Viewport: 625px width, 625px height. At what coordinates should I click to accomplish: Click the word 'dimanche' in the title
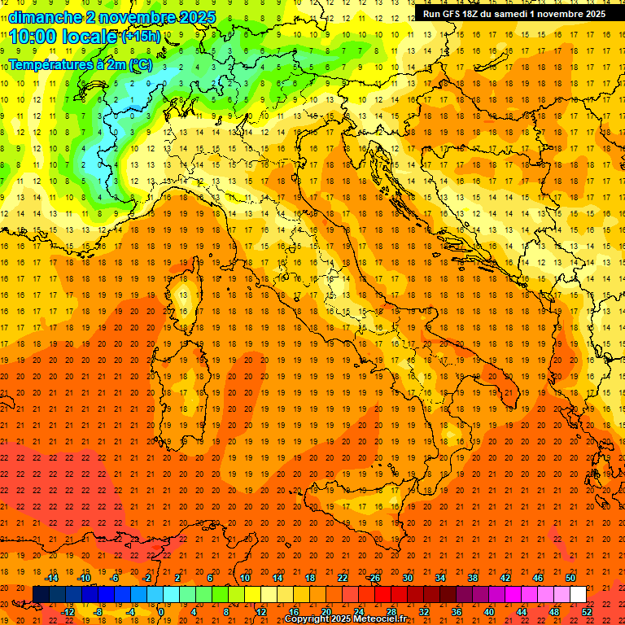click(45, 17)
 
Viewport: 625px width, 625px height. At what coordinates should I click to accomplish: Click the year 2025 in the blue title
click(197, 17)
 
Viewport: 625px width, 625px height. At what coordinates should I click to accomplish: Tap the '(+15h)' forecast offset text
click(142, 37)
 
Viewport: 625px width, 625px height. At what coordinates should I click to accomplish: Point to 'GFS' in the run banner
click(452, 14)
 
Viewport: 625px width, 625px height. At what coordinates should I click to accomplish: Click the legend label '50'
click(570, 578)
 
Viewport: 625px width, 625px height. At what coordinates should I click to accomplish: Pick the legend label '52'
click(587, 611)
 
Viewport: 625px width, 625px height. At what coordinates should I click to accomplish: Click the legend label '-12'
click(68, 611)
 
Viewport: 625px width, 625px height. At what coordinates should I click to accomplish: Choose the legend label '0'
click(161, 611)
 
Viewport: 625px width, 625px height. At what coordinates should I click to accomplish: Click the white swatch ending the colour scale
click(578, 594)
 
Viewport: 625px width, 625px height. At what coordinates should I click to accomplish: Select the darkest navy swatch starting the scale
click(41, 594)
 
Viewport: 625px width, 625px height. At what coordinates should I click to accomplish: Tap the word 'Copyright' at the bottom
click(308, 619)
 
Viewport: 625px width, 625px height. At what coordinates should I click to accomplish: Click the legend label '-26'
click(374, 578)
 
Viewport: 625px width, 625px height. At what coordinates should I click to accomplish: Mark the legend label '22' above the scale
click(343, 578)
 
